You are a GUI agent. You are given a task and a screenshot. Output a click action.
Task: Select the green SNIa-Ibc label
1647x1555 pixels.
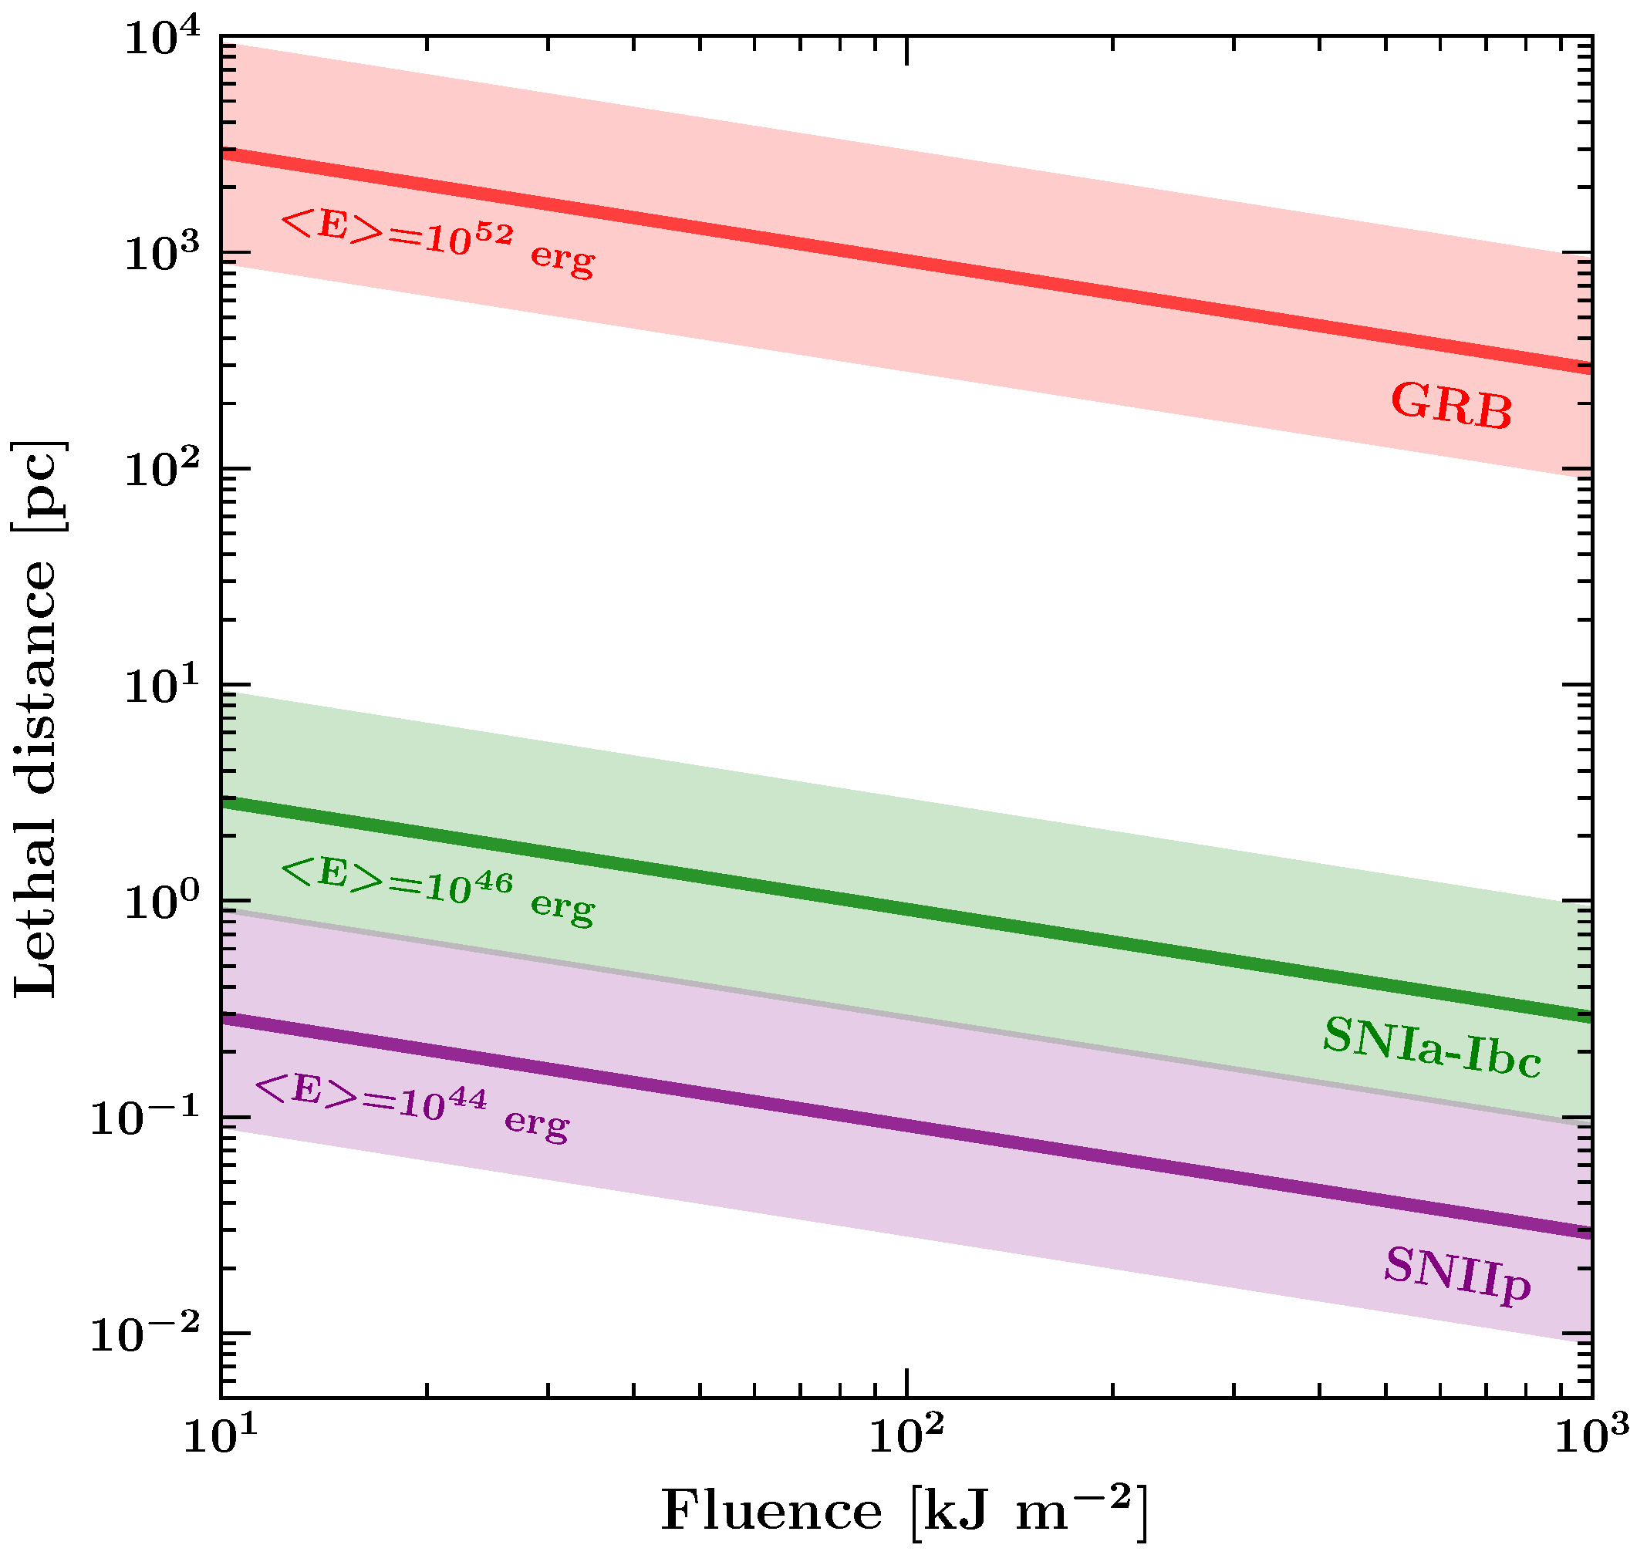[1431, 1048]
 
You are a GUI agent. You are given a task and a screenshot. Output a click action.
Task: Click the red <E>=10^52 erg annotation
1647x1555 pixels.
[437, 242]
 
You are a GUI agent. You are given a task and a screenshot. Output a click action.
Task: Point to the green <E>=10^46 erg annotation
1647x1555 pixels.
[437, 891]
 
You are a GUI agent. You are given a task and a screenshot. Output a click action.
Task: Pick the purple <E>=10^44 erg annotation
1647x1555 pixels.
[412, 1108]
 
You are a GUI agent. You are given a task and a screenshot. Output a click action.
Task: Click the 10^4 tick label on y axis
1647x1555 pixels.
[162, 40]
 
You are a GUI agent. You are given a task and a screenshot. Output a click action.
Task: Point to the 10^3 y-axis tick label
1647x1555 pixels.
[162, 252]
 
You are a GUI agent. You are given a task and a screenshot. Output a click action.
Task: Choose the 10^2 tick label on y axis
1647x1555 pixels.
[162, 469]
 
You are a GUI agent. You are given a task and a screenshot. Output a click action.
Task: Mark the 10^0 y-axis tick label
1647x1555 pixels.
[162, 901]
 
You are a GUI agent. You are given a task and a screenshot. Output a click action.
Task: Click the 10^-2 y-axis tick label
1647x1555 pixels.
[145, 1334]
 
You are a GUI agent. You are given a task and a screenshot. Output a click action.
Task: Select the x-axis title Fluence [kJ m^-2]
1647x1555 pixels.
[903, 1510]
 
